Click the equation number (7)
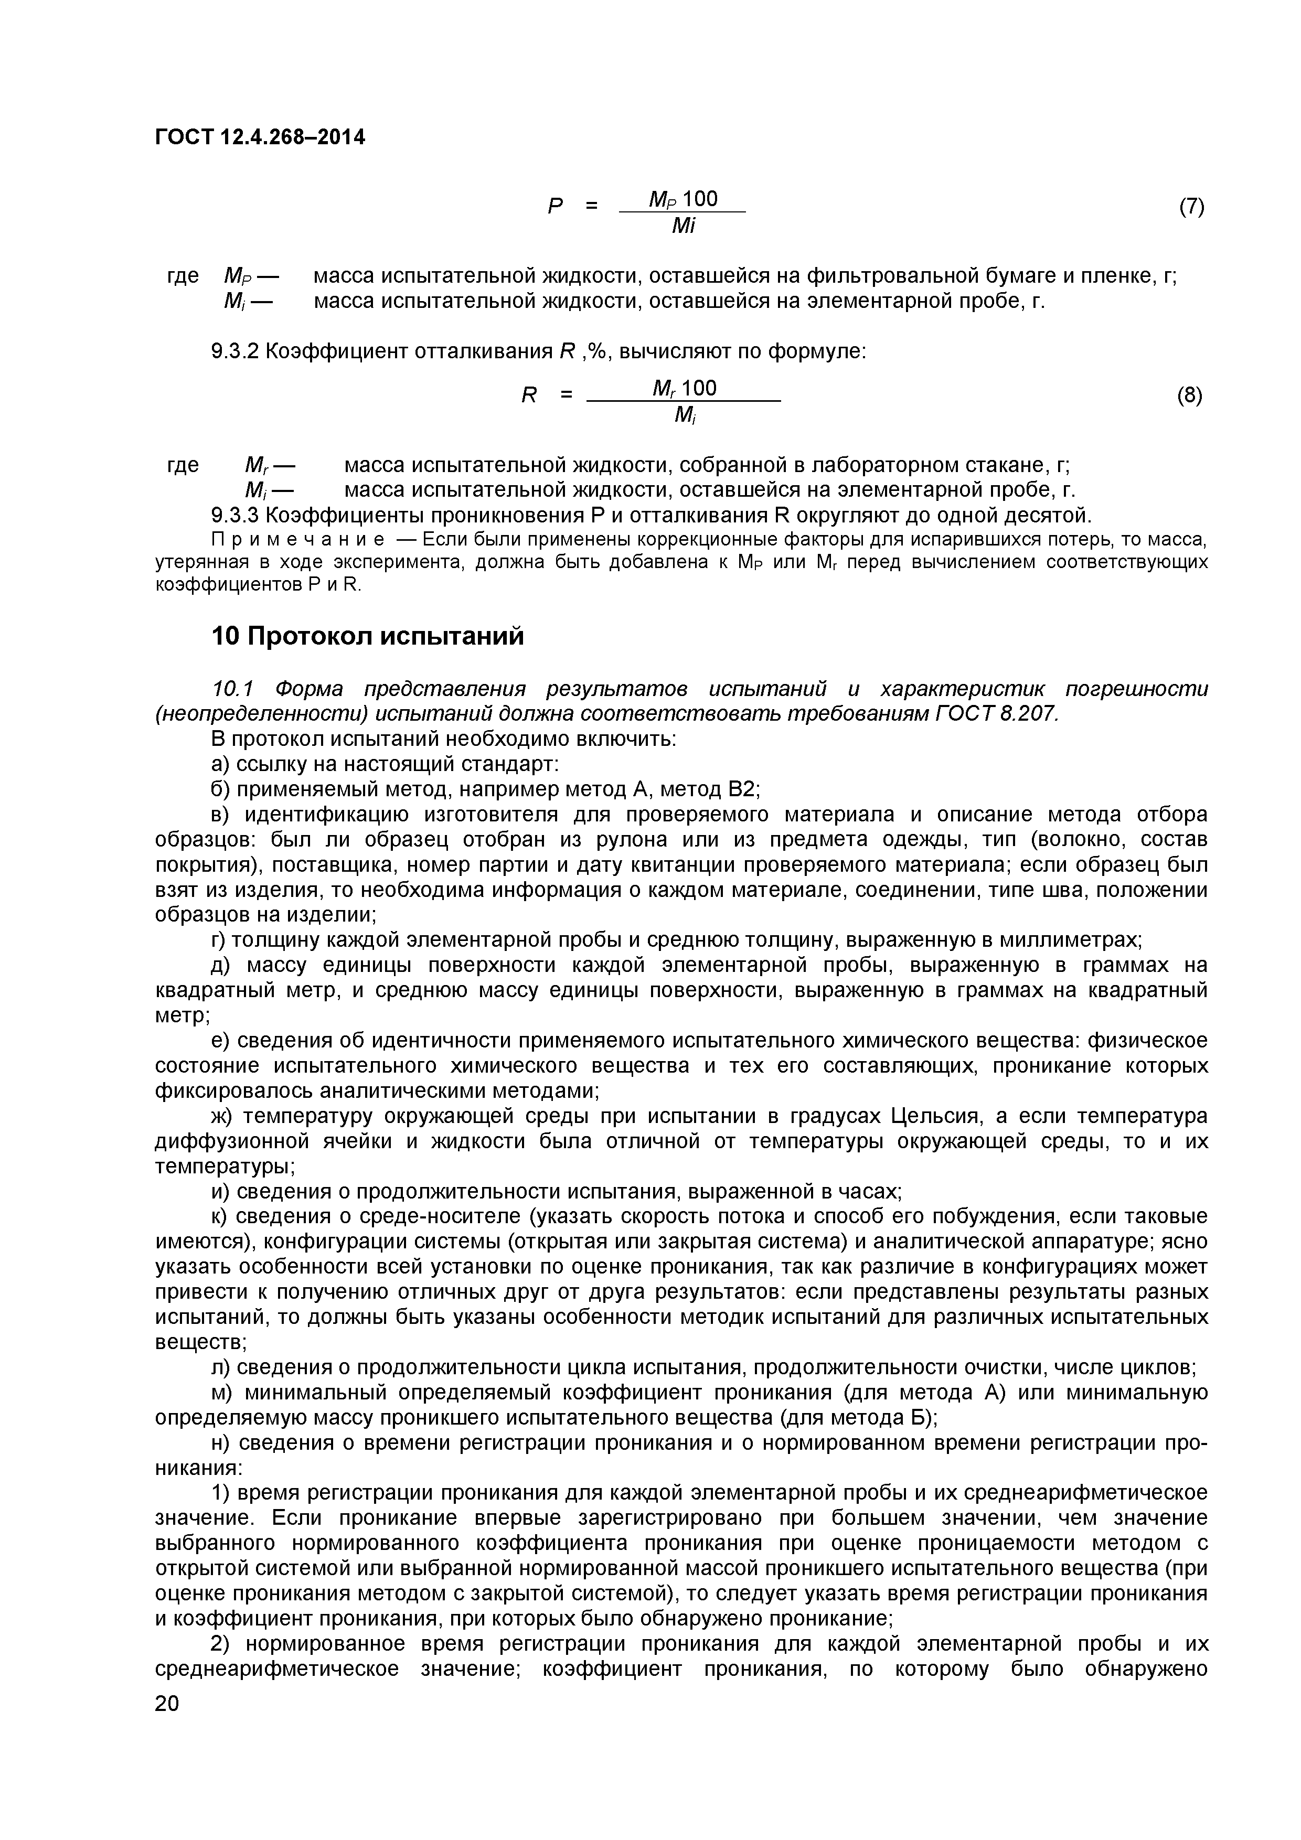(1191, 207)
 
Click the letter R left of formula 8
(528, 395)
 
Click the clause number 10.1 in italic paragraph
(232, 689)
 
